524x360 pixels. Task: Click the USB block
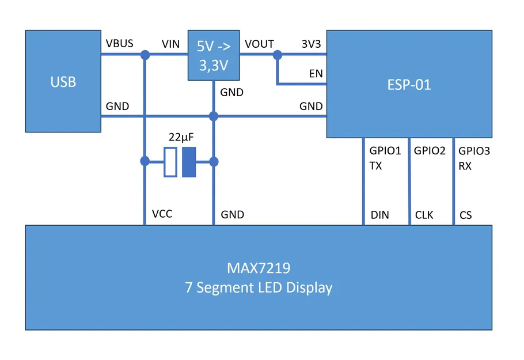63,82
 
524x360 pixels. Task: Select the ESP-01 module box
409,85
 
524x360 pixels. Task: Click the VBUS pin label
119,44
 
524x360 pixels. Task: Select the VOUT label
259,44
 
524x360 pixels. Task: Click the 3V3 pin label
312,44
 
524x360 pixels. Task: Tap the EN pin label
316,74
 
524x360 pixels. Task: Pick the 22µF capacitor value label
180,138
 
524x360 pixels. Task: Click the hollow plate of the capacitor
170,162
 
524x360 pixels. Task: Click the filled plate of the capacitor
189,162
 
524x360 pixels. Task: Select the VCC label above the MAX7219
162,214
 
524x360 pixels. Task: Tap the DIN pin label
379,215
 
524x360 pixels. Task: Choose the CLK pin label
424,215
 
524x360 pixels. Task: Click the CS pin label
465,215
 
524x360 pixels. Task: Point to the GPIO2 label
430,151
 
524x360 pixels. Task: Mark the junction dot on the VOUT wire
278,55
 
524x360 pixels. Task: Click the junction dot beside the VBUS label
145,55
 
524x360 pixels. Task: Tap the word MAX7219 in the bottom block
259,268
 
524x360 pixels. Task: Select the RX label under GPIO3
465,165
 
